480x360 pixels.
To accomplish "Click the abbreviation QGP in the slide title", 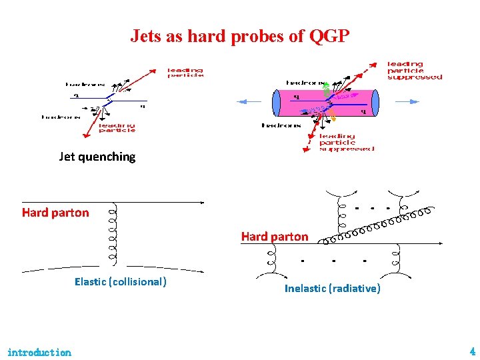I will point(329,36).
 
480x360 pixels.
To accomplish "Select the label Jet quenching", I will point(97,157).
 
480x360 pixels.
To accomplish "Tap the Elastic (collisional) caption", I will point(120,282).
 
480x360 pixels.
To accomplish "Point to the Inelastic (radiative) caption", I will point(332,289).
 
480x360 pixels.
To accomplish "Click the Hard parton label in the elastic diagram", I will point(55,213).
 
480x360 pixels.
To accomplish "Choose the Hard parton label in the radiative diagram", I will point(275,237).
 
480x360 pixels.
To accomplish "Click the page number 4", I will point(472,351).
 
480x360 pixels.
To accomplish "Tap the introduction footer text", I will point(39,352).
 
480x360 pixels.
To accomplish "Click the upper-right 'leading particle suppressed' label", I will point(414,71).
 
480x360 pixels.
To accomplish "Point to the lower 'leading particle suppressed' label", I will point(346,142).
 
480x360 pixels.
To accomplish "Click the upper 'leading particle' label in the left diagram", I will point(185,73).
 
